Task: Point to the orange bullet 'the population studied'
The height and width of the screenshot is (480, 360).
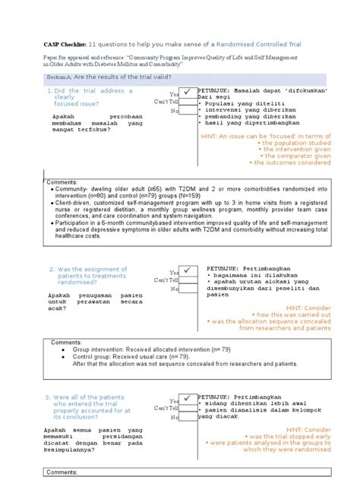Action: [294, 142]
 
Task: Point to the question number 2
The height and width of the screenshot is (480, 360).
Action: [52, 269]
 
